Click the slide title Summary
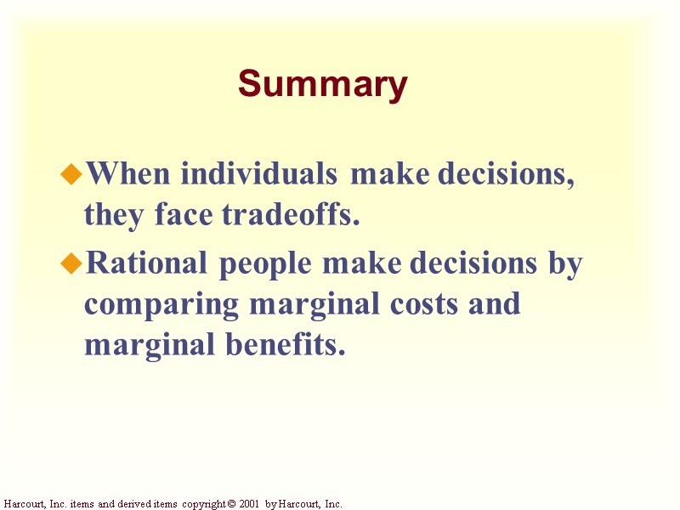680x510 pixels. [323, 85]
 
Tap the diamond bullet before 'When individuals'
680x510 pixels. [72, 175]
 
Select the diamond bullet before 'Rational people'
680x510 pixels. [72, 265]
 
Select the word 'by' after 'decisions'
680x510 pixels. [564, 265]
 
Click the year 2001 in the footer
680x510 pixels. [247, 504]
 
